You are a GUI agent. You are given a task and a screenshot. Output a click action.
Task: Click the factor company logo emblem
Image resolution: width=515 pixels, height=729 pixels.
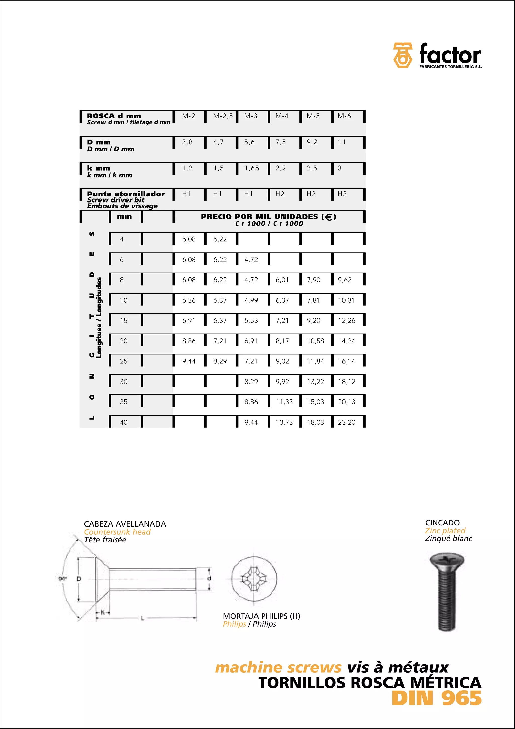(x=402, y=55)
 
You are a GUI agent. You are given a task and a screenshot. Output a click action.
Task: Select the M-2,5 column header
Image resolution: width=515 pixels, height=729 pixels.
(x=223, y=116)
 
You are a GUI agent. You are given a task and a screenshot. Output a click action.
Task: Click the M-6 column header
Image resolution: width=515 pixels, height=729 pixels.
(x=344, y=116)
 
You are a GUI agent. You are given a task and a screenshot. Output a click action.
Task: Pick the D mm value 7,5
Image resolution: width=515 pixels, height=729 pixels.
(x=280, y=142)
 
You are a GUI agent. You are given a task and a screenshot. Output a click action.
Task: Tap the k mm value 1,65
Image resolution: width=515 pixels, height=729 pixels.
(x=251, y=168)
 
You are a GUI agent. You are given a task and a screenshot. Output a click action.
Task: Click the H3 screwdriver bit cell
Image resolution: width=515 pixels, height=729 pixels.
(x=342, y=194)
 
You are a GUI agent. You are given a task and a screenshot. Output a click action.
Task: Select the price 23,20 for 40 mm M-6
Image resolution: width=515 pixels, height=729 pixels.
(x=347, y=422)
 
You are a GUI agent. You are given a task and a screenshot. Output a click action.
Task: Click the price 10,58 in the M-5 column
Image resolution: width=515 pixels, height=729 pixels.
(x=315, y=341)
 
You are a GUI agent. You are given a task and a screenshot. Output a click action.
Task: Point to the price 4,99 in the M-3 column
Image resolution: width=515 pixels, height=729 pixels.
(x=251, y=300)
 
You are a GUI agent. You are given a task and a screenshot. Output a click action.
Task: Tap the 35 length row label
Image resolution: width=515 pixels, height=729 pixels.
(x=124, y=402)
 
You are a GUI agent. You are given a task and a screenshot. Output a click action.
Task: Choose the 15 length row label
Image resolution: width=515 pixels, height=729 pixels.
(x=124, y=321)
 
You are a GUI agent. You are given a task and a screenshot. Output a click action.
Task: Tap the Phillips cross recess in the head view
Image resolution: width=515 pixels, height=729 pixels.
(x=253, y=579)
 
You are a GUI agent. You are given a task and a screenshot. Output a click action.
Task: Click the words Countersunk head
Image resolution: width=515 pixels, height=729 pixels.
(x=117, y=532)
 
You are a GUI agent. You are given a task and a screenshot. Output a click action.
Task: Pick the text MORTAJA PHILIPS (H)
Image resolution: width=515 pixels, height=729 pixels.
(x=262, y=616)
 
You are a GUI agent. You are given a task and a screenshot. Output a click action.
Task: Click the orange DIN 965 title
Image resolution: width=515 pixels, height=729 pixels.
(x=436, y=699)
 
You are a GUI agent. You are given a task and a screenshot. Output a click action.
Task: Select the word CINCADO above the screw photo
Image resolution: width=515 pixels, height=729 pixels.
(x=442, y=523)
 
